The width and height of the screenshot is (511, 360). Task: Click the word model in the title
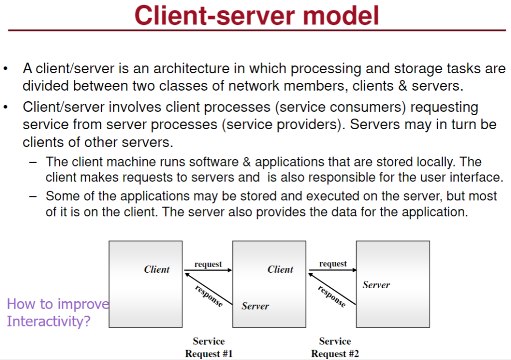coord(340,15)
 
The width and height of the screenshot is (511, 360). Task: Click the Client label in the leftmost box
coord(157,270)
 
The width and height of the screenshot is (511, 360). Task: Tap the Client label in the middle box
coord(280,270)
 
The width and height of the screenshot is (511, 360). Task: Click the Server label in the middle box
coord(255,306)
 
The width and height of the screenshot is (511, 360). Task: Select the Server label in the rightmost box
coord(376,285)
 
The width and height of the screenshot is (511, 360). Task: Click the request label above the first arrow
coord(208,264)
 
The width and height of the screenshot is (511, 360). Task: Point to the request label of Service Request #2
coord(333,264)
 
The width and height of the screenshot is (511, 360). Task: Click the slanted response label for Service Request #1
coord(209,296)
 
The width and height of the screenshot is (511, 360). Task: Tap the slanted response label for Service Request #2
coord(331,296)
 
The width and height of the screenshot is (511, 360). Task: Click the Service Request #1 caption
coord(209,348)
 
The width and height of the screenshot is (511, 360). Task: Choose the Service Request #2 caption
coord(335,348)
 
